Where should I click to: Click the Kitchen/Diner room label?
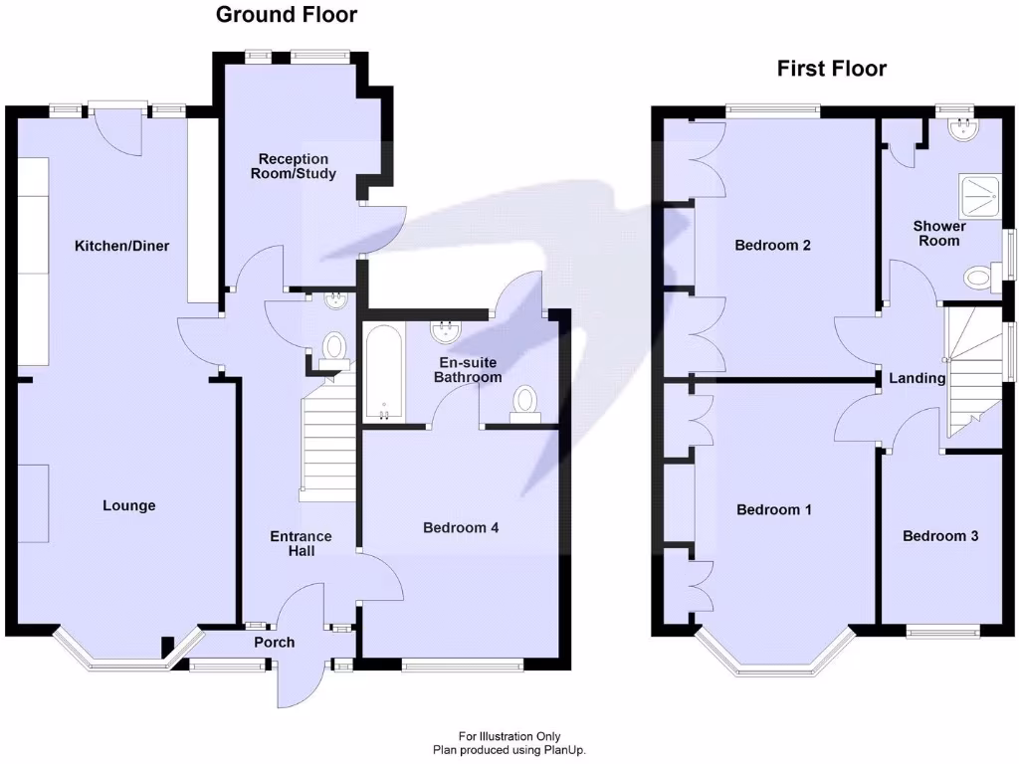[122, 246]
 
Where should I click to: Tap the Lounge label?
[129, 505]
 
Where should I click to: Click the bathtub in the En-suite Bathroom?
[383, 373]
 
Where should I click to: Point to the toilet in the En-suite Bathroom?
[523, 403]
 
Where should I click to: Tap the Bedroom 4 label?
[461, 527]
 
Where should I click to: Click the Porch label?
[274, 643]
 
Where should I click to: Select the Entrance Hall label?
[302, 543]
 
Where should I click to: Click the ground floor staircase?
[328, 438]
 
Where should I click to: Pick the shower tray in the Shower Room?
[977, 197]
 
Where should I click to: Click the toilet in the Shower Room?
[981, 276]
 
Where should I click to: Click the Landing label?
[917, 378]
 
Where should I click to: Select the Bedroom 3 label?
[940, 536]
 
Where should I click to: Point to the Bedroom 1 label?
[774, 509]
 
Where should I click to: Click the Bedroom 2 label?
[772, 245]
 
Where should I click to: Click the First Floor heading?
[832, 69]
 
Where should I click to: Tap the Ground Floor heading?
[287, 14]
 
